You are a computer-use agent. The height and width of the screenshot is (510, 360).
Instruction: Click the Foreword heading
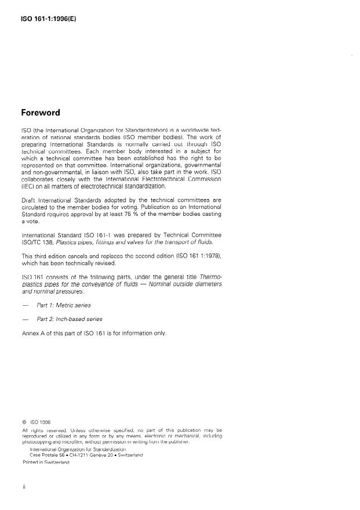(41, 113)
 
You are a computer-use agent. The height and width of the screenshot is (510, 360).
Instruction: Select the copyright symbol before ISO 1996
(24, 422)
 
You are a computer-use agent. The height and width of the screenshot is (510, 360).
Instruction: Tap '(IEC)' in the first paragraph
(29, 186)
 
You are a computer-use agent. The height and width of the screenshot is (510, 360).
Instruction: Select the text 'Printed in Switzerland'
(46, 462)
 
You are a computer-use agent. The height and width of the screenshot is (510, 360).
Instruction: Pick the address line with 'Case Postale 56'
(86, 455)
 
